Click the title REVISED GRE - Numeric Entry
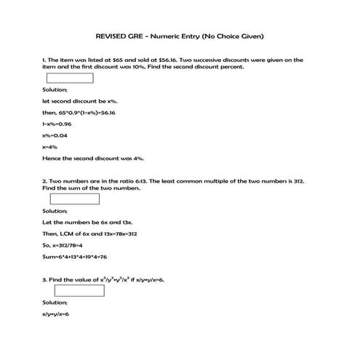(x=180, y=36)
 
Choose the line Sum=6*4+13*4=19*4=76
(x=75, y=256)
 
